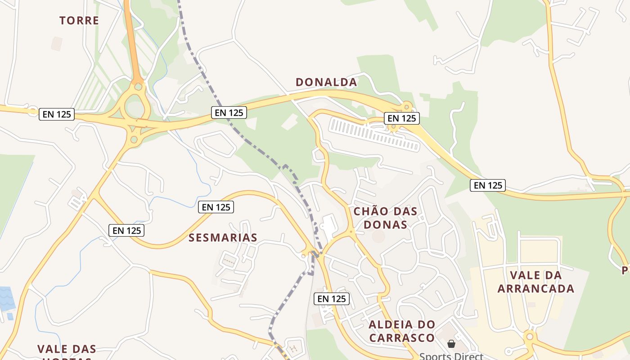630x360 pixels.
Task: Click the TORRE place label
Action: pos(79,20)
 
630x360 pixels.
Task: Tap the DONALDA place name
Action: pos(326,82)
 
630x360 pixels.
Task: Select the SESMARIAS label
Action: pos(223,238)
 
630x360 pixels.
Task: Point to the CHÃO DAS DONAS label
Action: pos(385,218)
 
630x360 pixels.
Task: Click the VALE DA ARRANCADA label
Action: pos(536,282)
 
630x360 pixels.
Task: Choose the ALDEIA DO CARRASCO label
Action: pos(402,331)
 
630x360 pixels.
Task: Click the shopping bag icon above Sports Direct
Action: pos(451,344)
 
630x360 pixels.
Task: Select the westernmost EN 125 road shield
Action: pos(57,114)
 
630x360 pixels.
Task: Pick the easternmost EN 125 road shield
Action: pos(488,185)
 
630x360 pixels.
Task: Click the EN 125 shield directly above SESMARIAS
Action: pos(216,207)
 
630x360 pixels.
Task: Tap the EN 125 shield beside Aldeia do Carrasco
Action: pos(332,299)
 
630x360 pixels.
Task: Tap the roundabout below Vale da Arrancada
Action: pos(530,336)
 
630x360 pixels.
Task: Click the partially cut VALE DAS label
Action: pos(67,349)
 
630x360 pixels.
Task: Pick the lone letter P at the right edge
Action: pos(625,270)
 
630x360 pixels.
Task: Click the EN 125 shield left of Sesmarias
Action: pos(126,230)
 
